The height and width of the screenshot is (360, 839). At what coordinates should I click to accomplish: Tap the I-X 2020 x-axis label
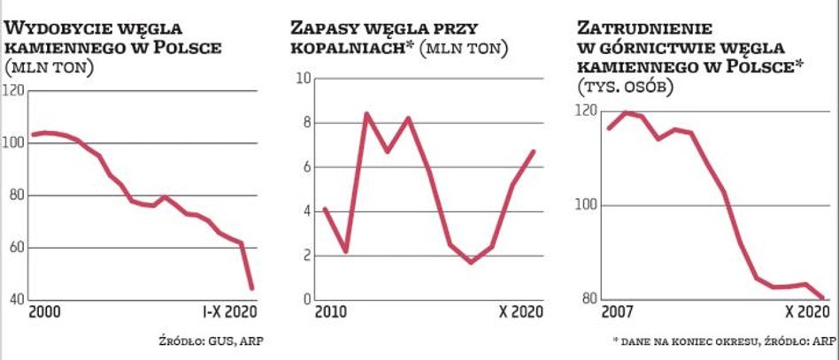[226, 314]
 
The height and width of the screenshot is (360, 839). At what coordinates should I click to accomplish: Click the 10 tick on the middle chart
[302, 79]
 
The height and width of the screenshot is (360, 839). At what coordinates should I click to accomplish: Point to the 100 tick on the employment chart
[585, 205]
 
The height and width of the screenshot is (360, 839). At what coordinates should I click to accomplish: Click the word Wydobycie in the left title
[54, 25]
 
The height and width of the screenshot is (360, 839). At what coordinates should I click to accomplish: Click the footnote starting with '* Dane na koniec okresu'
[723, 341]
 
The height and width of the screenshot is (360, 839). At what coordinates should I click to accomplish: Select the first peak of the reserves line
[366, 113]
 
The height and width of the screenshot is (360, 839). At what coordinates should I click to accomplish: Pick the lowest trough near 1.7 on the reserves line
[471, 262]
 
